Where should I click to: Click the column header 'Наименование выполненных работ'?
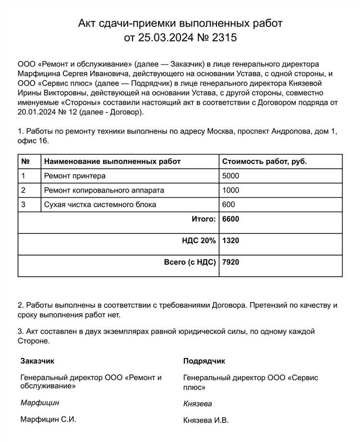[x=112, y=161]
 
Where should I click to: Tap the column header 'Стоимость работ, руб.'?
[x=264, y=161]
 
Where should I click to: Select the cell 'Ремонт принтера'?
[x=74, y=176]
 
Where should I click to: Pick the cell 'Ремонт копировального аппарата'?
[x=104, y=190]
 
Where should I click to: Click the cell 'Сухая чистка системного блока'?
[x=100, y=205]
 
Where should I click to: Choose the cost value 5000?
[x=230, y=176]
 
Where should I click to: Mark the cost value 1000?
[x=230, y=190]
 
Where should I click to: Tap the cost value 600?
[x=228, y=205]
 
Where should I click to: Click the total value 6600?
[x=231, y=219]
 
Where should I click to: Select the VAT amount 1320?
[x=231, y=240]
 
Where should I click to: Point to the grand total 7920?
[x=231, y=262]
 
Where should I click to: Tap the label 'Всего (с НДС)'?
[x=190, y=262]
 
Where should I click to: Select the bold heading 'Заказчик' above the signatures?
[x=37, y=360]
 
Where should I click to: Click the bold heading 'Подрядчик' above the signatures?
[x=204, y=361]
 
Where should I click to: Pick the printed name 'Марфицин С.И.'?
[x=48, y=419]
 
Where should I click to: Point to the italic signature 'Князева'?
[x=197, y=404]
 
